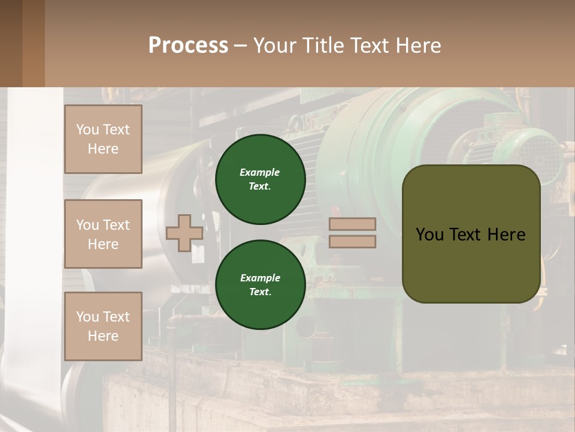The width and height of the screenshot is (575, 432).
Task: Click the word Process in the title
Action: pyautogui.click(x=188, y=45)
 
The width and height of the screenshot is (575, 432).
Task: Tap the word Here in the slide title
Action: pyautogui.click(x=417, y=46)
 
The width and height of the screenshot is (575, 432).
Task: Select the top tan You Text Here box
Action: pyautogui.click(x=103, y=139)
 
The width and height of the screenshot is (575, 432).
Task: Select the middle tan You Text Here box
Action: pyautogui.click(x=103, y=234)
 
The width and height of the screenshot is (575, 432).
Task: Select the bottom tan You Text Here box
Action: pyautogui.click(x=103, y=326)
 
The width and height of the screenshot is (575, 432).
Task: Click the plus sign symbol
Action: pyautogui.click(x=184, y=233)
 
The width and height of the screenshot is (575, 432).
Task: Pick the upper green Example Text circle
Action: pyautogui.click(x=261, y=179)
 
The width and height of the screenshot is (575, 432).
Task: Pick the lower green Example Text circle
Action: pyautogui.click(x=261, y=284)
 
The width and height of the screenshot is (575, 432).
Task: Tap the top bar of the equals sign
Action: pyautogui.click(x=352, y=224)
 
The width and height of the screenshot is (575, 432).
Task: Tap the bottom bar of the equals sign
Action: pyautogui.click(x=352, y=241)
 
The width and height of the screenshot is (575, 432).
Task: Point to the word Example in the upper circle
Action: pyautogui.click(x=260, y=172)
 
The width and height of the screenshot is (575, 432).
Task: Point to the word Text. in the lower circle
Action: pyautogui.click(x=260, y=292)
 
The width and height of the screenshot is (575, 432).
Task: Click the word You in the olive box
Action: pyautogui.click(x=429, y=235)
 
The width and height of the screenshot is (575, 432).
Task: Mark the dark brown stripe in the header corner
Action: pyautogui.click(x=11, y=43)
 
